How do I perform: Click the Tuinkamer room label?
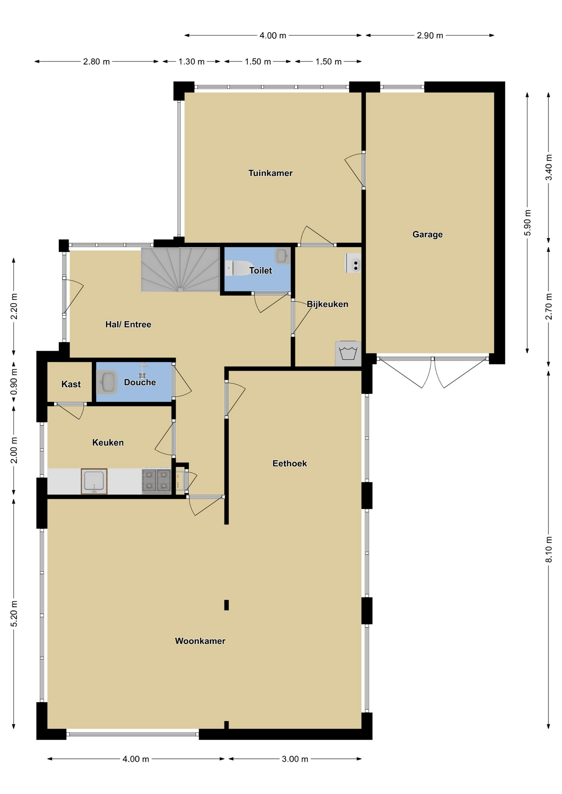270,173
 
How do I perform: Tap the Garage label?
428,234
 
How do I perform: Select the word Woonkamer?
200,641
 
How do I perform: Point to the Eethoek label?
290,464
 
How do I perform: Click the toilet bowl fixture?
240,268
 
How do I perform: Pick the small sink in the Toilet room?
283,256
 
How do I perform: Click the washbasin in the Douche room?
107,382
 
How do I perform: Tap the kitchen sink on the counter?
94,481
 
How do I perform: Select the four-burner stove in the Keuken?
156,481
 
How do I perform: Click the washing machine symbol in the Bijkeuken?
348,354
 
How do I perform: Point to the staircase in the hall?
180,270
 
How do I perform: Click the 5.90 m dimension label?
527,222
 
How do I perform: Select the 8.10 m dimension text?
549,549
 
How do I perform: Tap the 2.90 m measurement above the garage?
430,36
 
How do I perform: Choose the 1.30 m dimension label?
192,62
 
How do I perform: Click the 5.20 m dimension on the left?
14,613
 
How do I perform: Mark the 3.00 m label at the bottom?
295,759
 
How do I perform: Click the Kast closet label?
71,384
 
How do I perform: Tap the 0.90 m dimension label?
14,383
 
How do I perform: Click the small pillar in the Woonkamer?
226,605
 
